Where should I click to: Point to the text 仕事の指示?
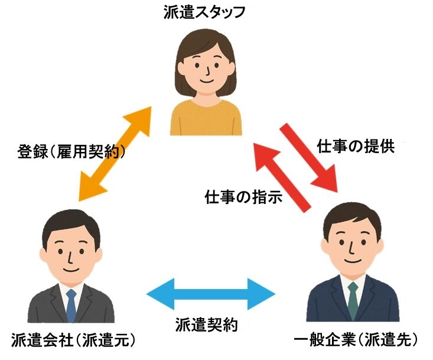[243, 196]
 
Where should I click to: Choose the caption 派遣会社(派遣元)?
[74, 340]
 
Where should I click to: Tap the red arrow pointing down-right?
[310, 158]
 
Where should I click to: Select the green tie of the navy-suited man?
[353, 301]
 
